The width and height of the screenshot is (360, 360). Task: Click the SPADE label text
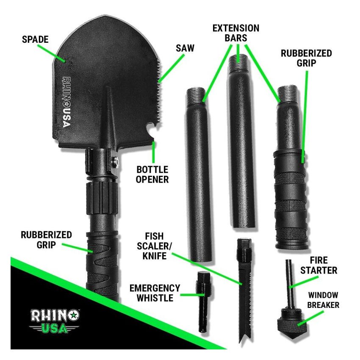click(35, 40)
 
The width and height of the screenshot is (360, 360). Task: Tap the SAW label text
click(185, 48)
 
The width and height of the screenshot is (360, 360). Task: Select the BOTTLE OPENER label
click(152, 174)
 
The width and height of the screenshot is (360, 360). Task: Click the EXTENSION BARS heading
click(236, 33)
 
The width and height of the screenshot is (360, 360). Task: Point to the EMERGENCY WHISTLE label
click(155, 293)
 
